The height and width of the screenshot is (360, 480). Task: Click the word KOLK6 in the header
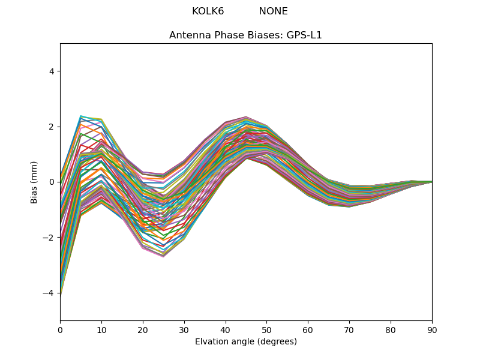point(208,11)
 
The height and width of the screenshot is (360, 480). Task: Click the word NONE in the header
point(273,11)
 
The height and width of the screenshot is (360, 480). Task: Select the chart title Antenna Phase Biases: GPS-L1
point(245,35)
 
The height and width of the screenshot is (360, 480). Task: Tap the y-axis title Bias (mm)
point(34,182)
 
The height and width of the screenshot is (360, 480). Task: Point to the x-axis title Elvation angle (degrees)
point(246,342)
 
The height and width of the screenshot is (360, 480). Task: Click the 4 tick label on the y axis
point(51,71)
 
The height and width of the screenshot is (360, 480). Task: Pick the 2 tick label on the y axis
point(51,127)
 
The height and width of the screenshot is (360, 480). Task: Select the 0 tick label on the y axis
point(51,182)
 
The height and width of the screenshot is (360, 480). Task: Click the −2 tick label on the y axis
point(49,238)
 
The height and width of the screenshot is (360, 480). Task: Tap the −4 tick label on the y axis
point(49,293)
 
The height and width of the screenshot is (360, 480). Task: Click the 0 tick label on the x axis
point(60,329)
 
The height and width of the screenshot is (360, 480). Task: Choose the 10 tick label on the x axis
point(101,329)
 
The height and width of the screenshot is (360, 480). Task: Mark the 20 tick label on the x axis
point(143,329)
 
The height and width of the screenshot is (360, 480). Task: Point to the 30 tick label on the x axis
point(184,329)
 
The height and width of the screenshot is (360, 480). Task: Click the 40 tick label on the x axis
point(226,329)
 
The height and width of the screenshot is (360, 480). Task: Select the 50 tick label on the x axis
point(266,329)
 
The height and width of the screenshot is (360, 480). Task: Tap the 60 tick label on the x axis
point(308,329)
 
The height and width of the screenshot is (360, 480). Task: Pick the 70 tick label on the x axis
point(349,329)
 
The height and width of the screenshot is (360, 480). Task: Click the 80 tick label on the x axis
point(391,329)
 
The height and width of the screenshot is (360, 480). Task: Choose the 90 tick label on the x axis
point(432,329)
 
